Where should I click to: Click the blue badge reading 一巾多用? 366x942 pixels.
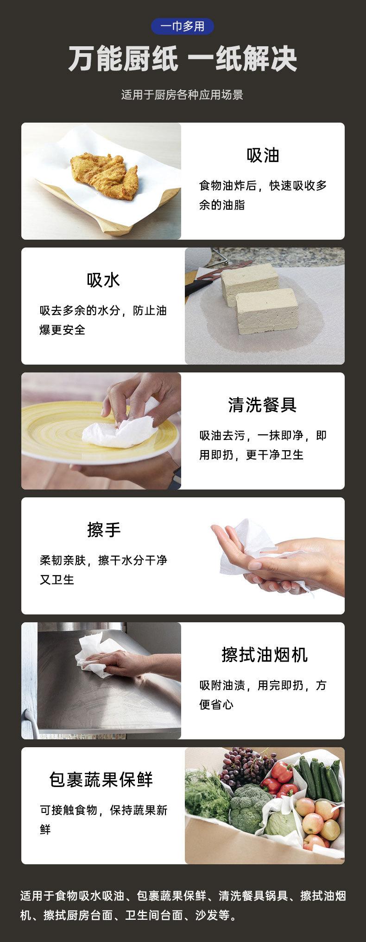pyautogui.click(x=183, y=26)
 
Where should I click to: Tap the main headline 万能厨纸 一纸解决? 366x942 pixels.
pyautogui.click(x=183, y=59)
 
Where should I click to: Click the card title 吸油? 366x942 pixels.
pyautogui.click(x=263, y=155)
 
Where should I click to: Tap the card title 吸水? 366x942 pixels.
pyautogui.click(x=103, y=280)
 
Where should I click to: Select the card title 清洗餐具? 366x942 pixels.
pyautogui.click(x=262, y=405)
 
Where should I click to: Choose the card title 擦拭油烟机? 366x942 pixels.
pyautogui.click(x=265, y=655)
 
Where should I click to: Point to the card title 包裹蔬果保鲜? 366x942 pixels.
pyautogui.click(x=101, y=780)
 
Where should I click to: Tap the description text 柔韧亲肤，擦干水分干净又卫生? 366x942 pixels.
pyautogui.click(x=103, y=570)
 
